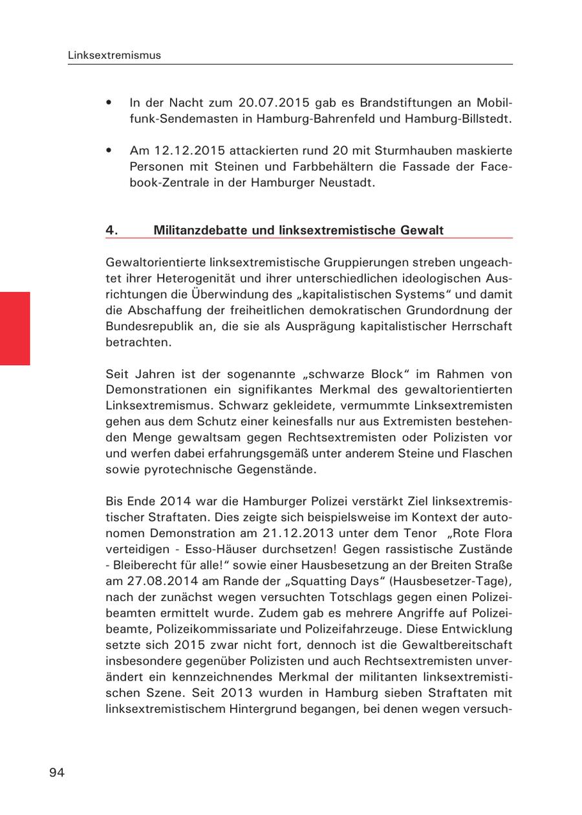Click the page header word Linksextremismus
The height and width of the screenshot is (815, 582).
point(114,56)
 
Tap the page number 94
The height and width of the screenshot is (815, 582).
point(57,772)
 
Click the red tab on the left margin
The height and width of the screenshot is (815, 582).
point(15,328)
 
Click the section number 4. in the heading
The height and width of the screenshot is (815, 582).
point(112,230)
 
